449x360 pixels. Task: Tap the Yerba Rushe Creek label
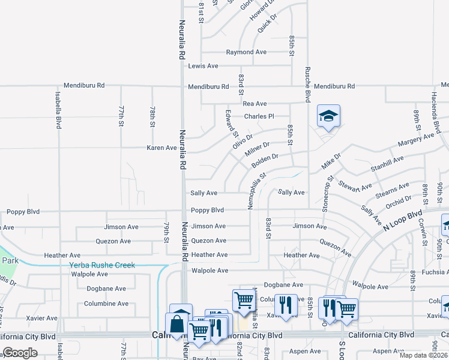102,265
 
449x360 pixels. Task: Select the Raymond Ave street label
246,52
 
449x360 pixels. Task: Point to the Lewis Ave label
203,65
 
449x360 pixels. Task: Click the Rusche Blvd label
307,84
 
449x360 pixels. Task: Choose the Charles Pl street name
259,116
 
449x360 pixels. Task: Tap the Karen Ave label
162,148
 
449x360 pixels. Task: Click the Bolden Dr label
265,160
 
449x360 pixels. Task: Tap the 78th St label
152,117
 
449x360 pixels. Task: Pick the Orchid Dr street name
400,202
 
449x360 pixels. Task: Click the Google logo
20,353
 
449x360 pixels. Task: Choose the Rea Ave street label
255,104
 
